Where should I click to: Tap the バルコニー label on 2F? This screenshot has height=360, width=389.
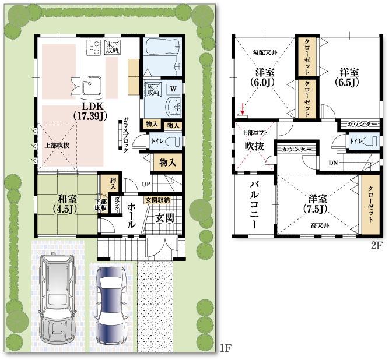255,205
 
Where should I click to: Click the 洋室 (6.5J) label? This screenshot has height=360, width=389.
349,76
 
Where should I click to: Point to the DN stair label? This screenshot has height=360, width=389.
332,164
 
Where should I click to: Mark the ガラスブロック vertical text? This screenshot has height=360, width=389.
125,135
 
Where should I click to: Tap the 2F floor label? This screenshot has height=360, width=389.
376,245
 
